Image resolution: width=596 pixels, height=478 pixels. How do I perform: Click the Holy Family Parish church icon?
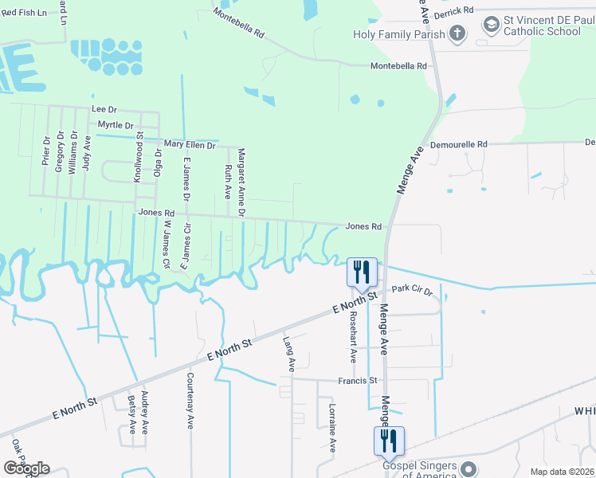(457, 33)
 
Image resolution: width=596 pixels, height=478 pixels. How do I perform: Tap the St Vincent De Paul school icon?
(490, 25)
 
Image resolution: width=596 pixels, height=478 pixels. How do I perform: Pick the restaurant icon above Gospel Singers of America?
(390, 441)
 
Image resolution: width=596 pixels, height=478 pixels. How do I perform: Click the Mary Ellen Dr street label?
(190, 146)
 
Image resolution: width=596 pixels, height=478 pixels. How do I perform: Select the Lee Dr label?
(104, 108)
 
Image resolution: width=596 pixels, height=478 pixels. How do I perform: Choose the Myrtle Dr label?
(116, 126)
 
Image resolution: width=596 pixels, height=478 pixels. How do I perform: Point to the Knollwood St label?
(138, 158)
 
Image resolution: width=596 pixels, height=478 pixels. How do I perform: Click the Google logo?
(26, 468)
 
